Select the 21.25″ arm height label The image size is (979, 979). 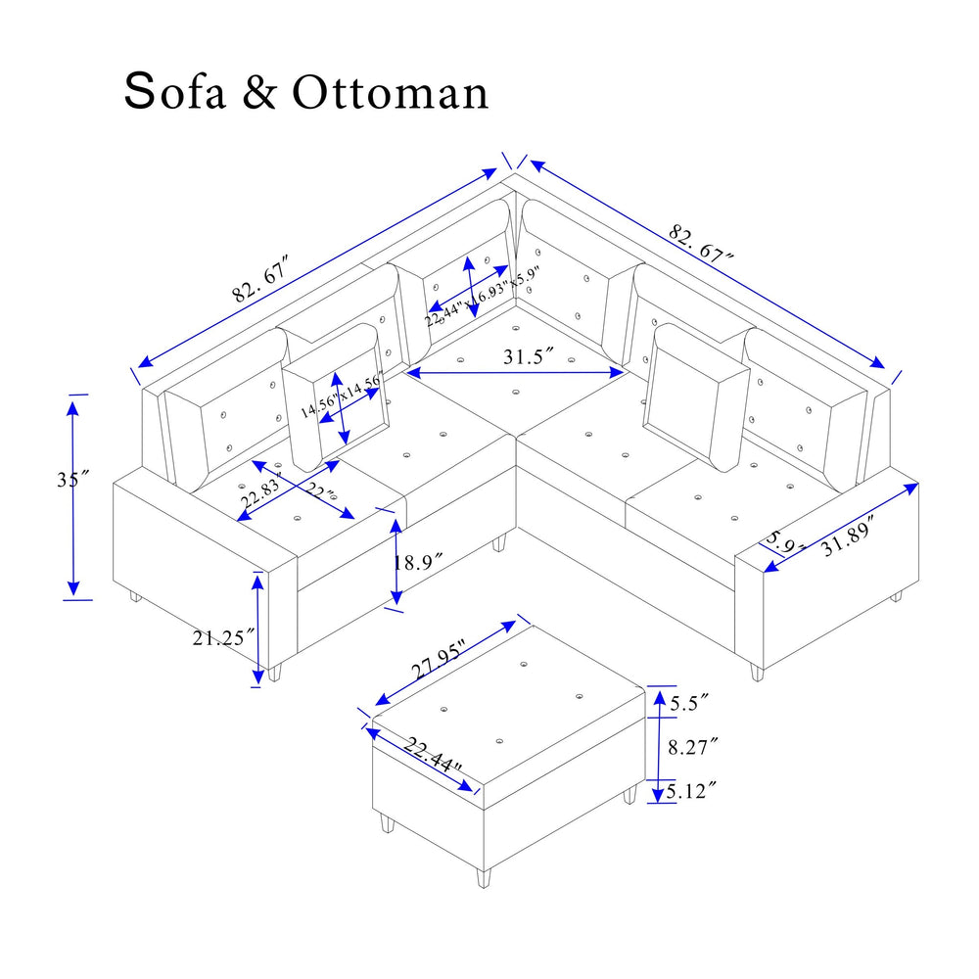(x=223, y=637)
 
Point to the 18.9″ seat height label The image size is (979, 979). (x=418, y=562)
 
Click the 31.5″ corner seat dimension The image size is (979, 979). (x=530, y=357)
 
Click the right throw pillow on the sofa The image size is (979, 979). (x=695, y=396)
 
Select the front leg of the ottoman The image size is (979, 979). (x=482, y=876)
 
